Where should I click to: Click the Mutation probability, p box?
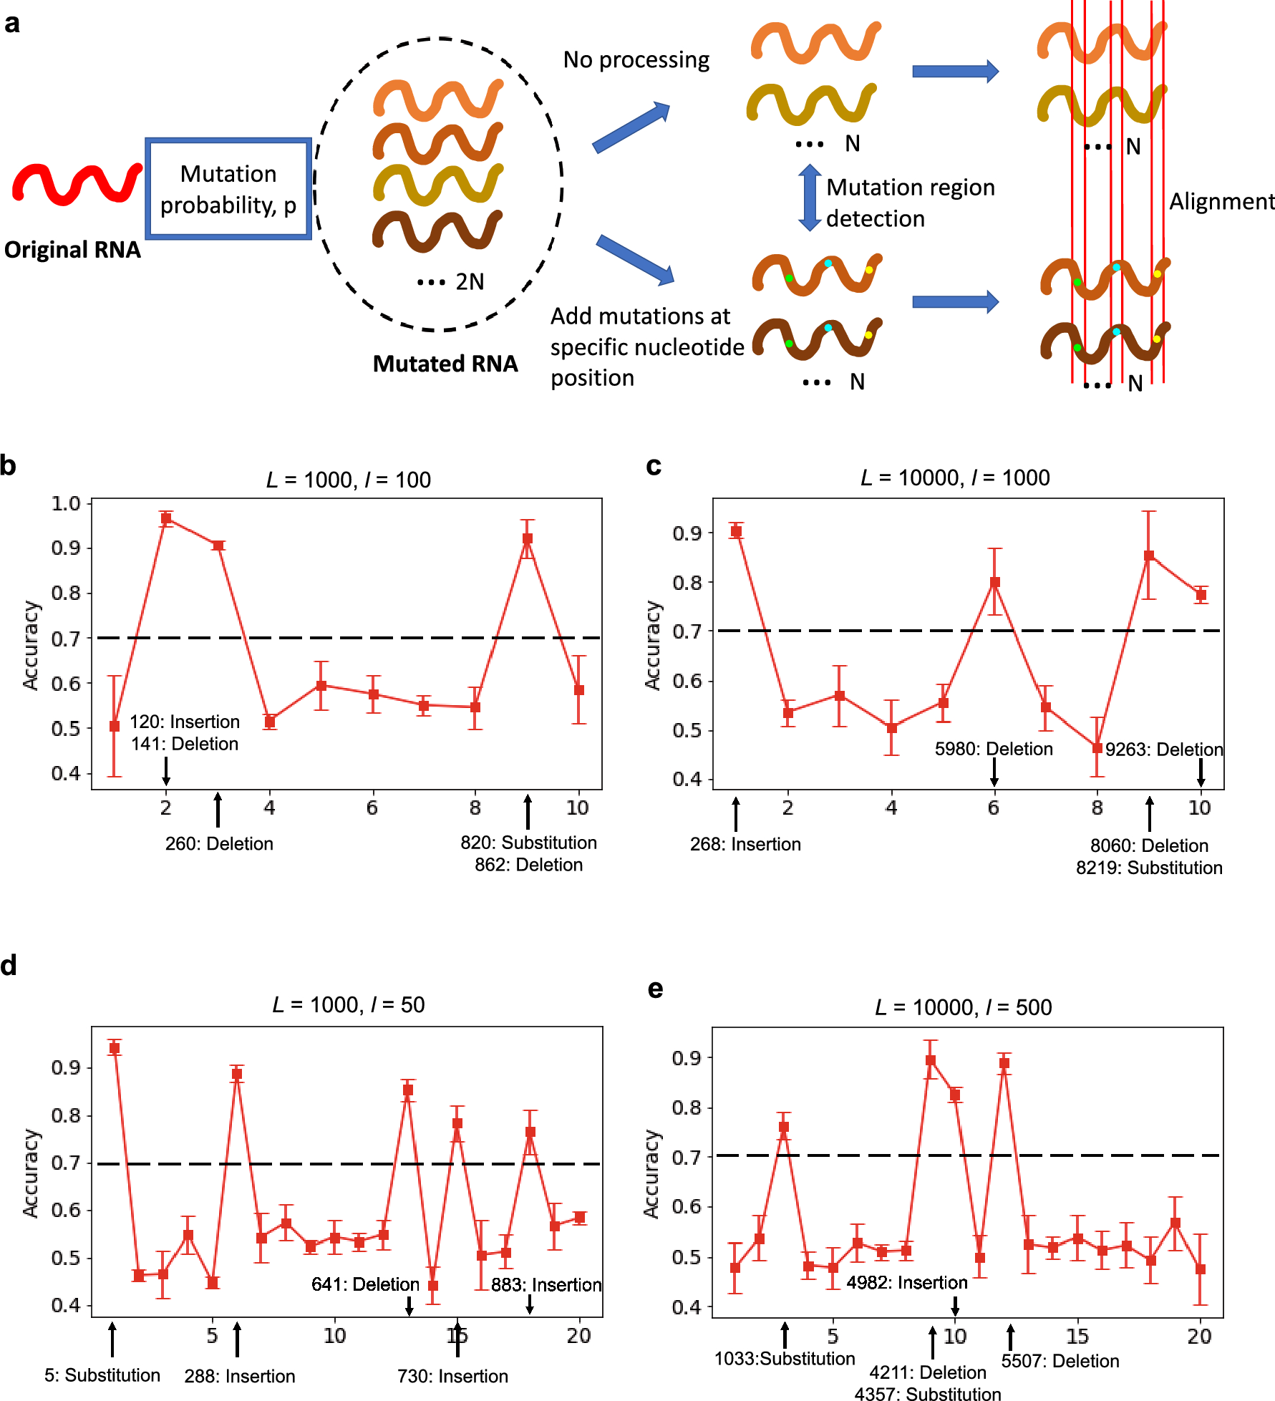pos(228,189)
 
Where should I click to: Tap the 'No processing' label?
pos(636,59)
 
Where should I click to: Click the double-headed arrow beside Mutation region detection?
pos(810,198)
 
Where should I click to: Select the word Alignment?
pos(1221,202)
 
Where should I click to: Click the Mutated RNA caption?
pos(445,364)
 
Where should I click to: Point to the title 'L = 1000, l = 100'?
pos(349,480)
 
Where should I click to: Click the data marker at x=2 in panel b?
pos(166,518)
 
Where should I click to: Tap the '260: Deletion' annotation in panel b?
pos(219,844)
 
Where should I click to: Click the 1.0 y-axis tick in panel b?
pos(66,503)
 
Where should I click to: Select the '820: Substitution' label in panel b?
pos(528,843)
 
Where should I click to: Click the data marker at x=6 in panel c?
pos(994,582)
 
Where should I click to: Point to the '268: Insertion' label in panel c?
pos(745,845)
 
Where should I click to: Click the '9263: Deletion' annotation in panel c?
pos(1164,750)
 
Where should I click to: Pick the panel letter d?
pos(9,966)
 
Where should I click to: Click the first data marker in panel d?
pos(115,1048)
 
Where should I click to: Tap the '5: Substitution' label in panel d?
pos(102,1375)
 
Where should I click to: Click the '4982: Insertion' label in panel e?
pos(907,1282)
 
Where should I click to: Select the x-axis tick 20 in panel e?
pos(1199,1336)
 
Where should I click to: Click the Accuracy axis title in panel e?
pos(651,1174)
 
